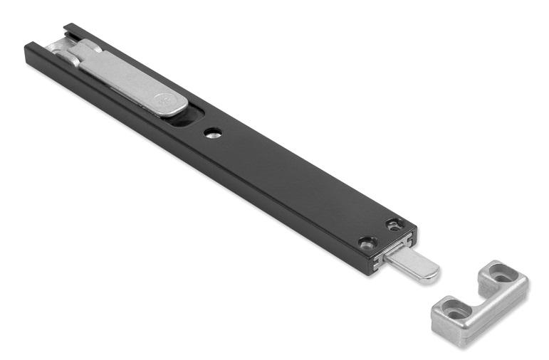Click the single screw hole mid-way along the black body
[x=212, y=132]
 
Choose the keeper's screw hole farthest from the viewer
[x=501, y=271]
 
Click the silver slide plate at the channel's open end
[x=57, y=50]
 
